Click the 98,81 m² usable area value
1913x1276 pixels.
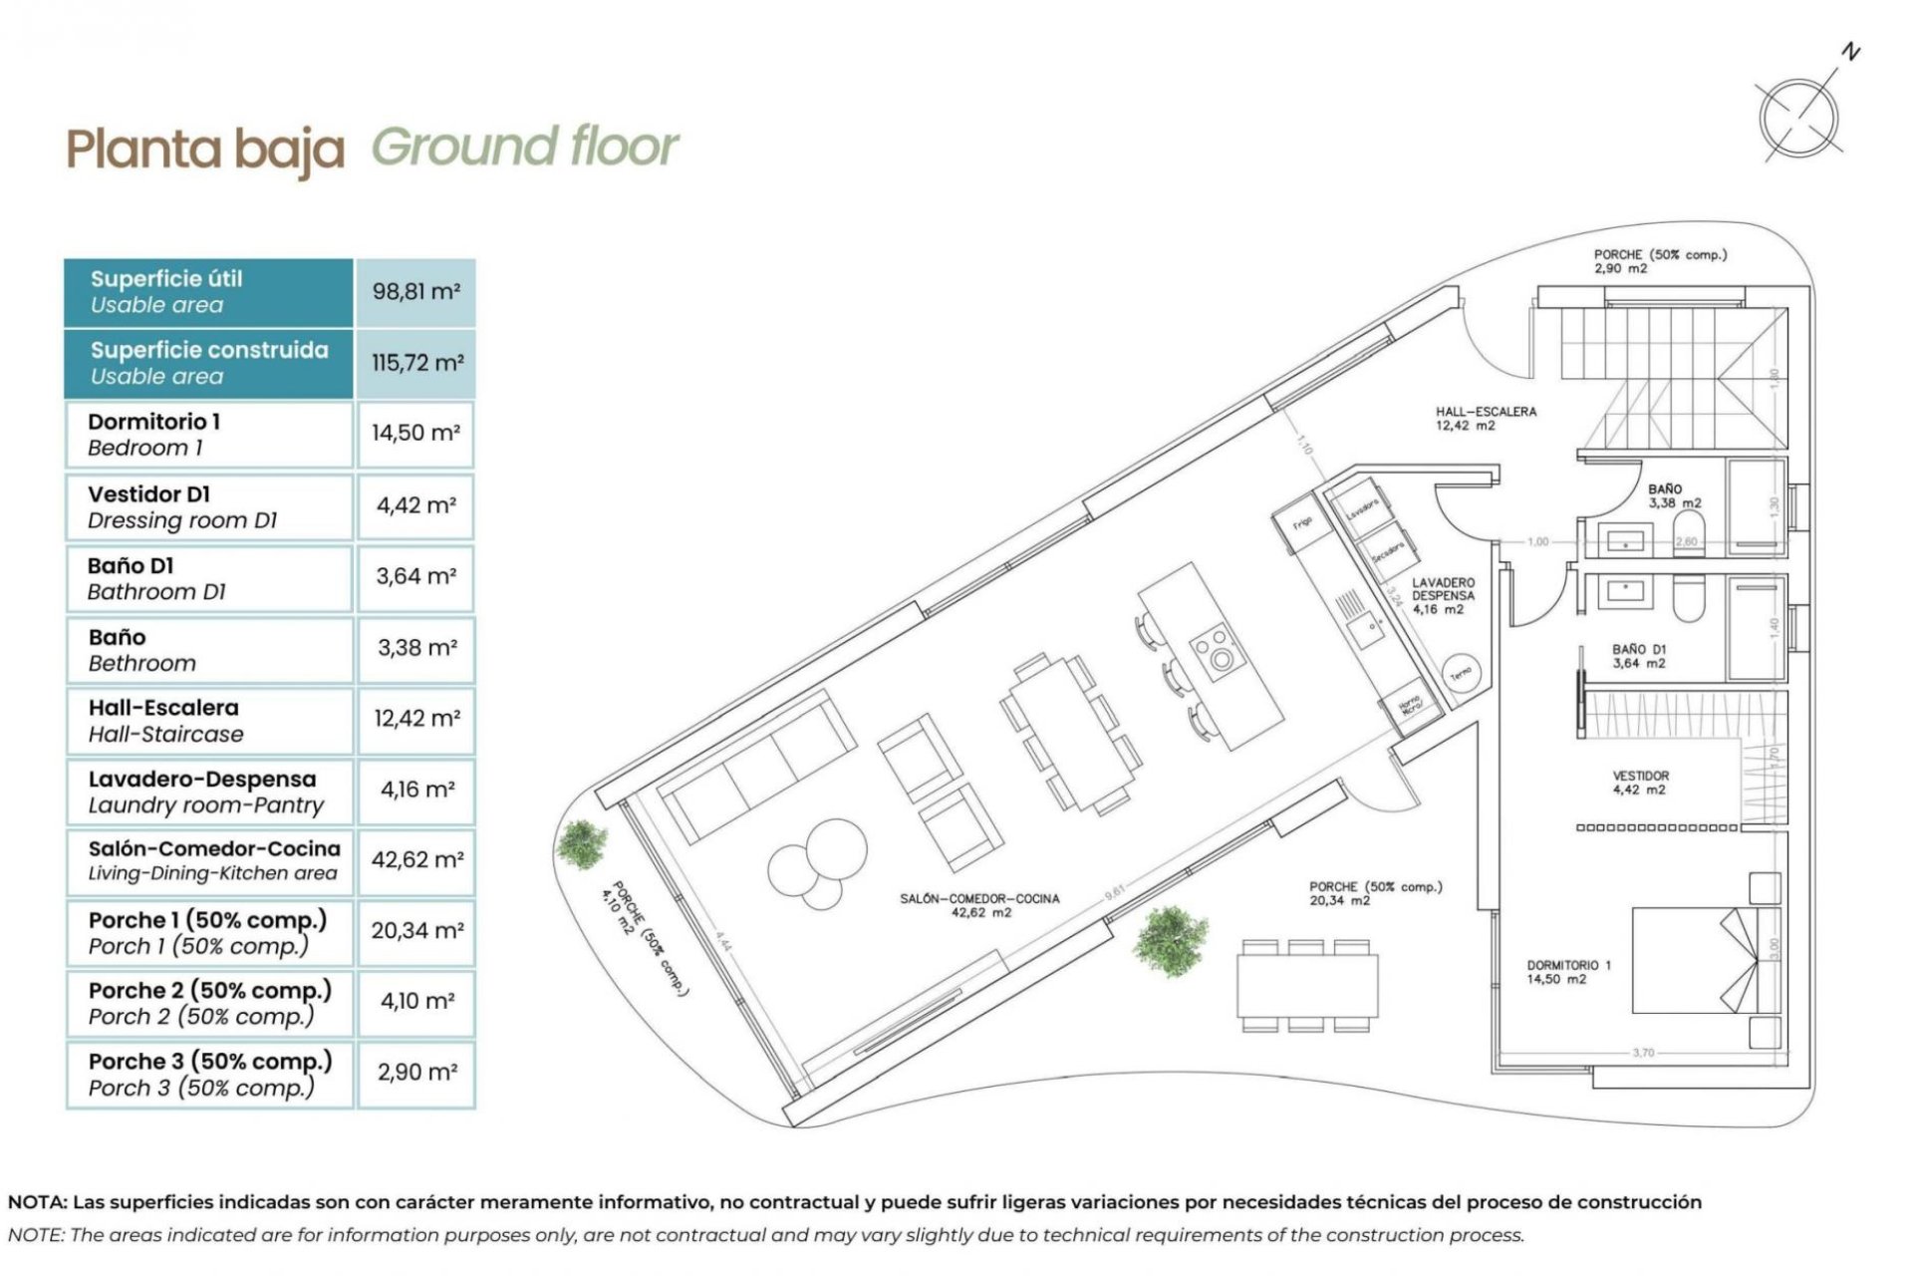pos(415,292)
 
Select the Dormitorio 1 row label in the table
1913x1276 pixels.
pos(154,434)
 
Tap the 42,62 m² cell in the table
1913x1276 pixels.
pos(416,859)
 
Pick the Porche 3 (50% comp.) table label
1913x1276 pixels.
pos(209,1074)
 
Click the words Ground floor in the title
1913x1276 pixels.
pos(525,148)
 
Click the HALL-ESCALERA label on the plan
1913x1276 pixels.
pos(1485,418)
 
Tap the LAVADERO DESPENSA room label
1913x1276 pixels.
pos(1442,595)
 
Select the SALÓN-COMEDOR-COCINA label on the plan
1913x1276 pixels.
pos(979,904)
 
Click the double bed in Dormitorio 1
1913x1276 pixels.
pos(1694,959)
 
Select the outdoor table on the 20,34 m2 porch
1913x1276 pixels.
pos(1307,985)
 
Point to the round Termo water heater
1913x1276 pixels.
pos(1461,674)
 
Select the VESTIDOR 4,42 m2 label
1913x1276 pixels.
pos(1640,783)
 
